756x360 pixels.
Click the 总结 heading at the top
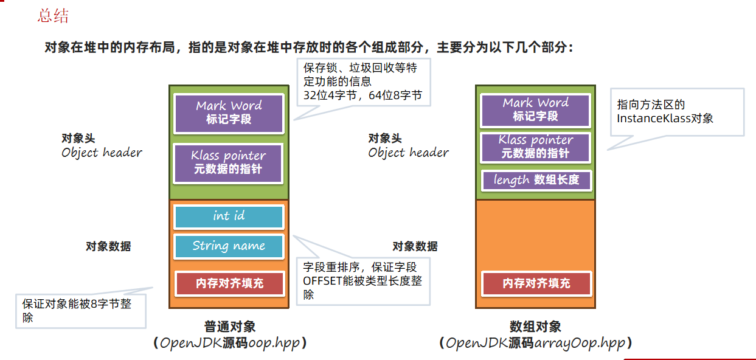click(53, 16)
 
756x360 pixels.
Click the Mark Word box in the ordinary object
click(229, 113)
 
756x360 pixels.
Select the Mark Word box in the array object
click(535, 110)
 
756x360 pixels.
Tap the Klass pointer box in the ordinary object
click(229, 163)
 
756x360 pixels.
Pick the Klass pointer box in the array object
click(535, 147)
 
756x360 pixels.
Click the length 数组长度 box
click(535, 180)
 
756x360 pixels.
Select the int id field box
click(229, 216)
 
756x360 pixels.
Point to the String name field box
click(229, 246)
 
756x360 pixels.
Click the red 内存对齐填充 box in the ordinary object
click(229, 283)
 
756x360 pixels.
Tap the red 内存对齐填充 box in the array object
click(535, 283)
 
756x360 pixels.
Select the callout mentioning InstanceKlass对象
click(677, 111)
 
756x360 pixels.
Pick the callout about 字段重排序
click(364, 280)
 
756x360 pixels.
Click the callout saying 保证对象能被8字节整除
click(80, 310)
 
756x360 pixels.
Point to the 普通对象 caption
click(229, 327)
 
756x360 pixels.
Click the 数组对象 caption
click(535, 327)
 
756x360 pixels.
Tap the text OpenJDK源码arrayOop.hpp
click(535, 344)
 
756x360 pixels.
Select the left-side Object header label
click(102, 153)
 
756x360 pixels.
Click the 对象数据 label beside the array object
click(415, 247)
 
